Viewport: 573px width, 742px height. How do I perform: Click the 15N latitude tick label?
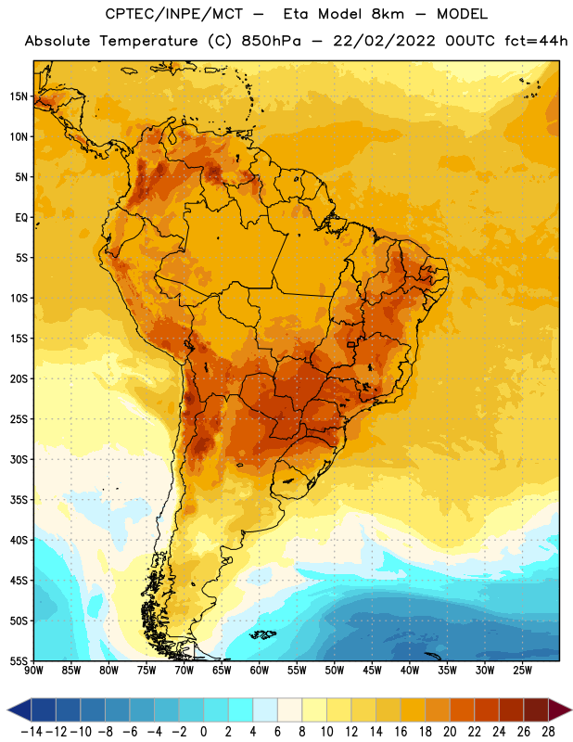19,96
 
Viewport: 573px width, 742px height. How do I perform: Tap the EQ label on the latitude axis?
21,218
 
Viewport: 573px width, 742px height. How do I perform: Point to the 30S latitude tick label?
19,460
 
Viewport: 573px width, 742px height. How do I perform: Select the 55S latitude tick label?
19,661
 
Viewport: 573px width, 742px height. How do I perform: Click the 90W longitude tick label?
33,671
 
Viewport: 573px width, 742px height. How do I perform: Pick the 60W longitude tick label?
260,671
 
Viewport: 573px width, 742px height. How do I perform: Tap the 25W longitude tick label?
522,671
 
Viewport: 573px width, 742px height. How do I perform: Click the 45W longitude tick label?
372,671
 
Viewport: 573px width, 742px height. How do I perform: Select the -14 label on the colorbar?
32,732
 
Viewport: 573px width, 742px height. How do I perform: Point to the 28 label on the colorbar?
548,732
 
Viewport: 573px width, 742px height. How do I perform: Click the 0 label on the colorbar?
204,732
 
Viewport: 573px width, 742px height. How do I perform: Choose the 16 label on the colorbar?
401,732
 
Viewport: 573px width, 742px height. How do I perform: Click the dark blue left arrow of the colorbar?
19,710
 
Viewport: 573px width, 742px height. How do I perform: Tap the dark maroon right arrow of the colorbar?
559,710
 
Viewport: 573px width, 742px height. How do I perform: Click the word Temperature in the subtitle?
148,41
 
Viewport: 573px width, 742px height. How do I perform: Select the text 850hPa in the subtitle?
271,41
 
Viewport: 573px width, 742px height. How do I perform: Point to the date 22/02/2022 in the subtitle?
384,41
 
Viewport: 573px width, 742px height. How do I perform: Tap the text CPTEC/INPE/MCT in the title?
173,14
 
